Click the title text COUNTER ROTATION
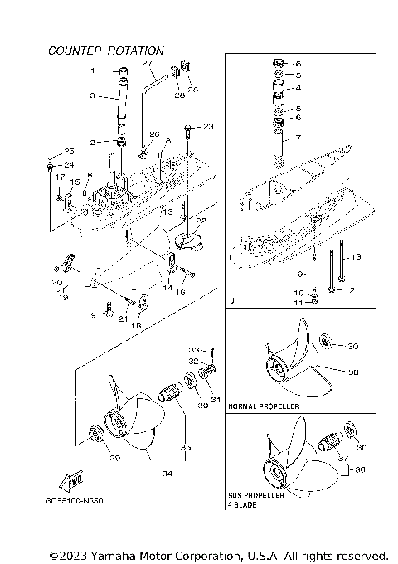tap(105, 51)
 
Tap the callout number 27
tap(147, 64)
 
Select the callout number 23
tap(207, 127)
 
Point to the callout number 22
tap(199, 221)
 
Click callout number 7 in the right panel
tap(298, 138)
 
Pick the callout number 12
tap(349, 290)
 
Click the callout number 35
tap(186, 448)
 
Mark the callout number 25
tap(69, 151)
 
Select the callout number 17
tap(60, 177)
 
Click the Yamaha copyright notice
tap(219, 554)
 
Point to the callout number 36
tap(359, 469)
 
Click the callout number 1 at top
tap(93, 70)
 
